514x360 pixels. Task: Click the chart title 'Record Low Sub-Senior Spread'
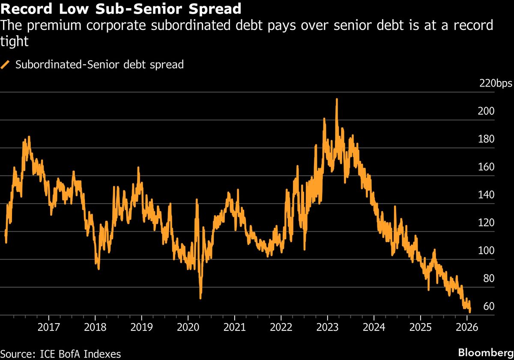click(121, 8)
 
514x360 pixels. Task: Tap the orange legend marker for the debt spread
click(6, 65)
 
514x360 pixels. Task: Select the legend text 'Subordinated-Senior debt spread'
click(99, 65)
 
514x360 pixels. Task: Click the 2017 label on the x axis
click(48, 327)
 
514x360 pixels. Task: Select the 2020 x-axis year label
click(188, 327)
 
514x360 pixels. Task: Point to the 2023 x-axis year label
click(327, 327)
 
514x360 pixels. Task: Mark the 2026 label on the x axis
click(466, 327)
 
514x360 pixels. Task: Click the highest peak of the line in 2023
click(337, 99)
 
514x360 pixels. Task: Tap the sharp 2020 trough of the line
click(200, 297)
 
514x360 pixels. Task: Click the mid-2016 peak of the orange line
click(29, 137)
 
